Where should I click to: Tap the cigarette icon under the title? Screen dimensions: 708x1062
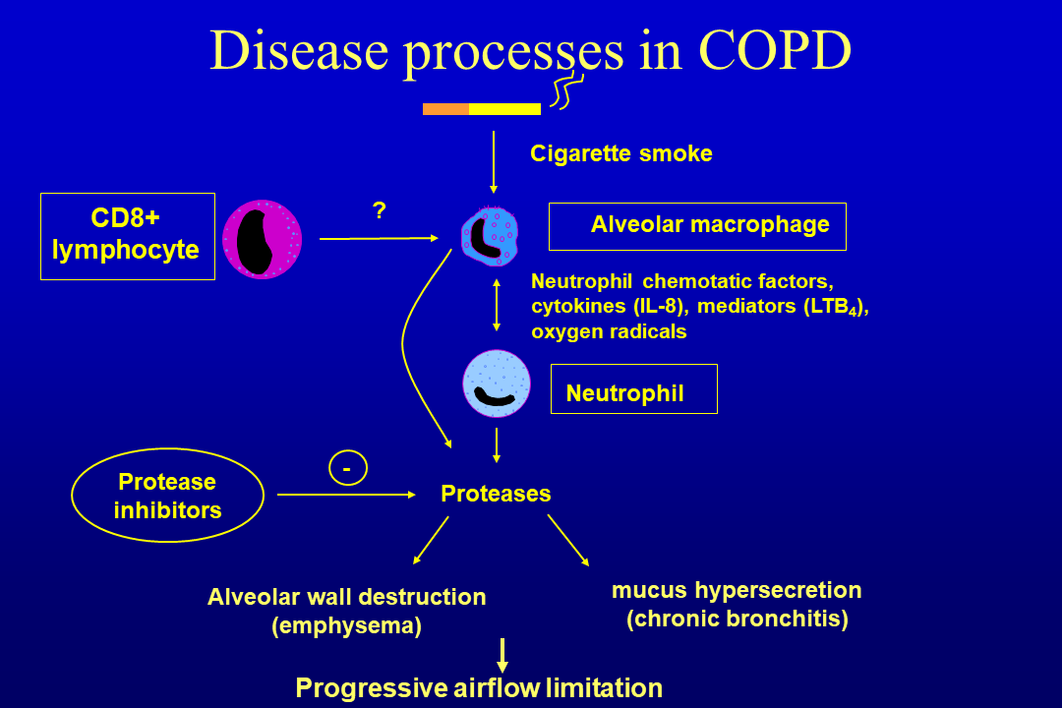tap(482, 108)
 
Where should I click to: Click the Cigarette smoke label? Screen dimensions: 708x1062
tap(620, 153)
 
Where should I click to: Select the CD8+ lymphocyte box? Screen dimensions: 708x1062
tap(127, 236)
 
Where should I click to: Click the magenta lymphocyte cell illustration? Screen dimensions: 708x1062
tap(262, 239)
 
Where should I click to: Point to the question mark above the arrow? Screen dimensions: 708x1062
tap(379, 209)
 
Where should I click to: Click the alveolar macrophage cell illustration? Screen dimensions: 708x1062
tap(490, 237)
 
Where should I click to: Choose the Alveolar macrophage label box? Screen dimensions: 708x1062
tap(697, 226)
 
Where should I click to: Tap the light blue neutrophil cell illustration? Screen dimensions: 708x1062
tap(497, 383)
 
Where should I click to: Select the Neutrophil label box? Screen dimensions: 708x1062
tap(633, 389)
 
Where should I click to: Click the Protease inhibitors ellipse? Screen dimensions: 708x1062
tap(167, 496)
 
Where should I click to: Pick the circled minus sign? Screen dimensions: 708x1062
tap(347, 469)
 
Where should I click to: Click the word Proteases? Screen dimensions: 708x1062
tap(496, 494)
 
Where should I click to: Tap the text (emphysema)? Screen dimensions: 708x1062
tap(346, 626)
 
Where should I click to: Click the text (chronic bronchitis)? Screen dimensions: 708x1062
tap(737, 619)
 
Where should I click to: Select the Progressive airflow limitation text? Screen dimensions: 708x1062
tap(479, 687)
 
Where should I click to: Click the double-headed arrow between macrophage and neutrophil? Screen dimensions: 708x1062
tap(497, 305)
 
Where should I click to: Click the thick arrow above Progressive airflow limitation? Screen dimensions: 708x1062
tap(502, 655)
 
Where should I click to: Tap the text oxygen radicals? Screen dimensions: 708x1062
tap(609, 331)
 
